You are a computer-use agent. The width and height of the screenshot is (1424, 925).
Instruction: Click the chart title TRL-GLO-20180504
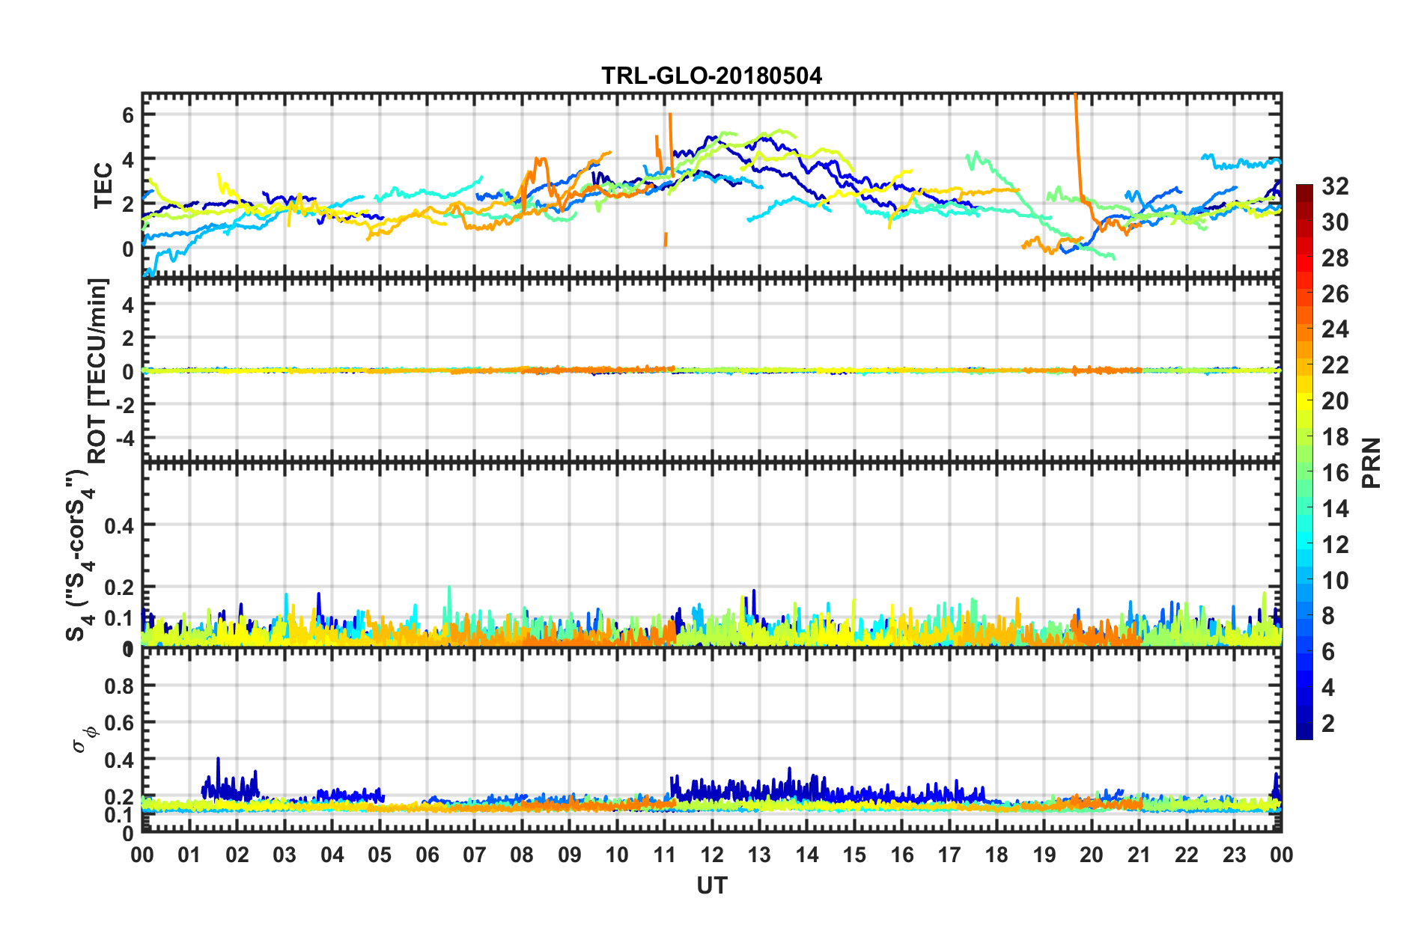(711, 76)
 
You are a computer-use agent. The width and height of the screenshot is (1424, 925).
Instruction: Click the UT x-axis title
(711, 886)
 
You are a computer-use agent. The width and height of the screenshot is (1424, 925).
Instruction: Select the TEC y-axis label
(103, 186)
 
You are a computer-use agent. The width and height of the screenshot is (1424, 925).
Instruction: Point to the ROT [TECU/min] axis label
(98, 371)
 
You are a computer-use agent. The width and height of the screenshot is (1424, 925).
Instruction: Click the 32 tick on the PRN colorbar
(1335, 186)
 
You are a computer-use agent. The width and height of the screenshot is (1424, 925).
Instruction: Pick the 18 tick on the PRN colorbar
(1335, 437)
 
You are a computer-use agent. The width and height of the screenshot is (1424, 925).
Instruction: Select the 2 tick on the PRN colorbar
(1328, 724)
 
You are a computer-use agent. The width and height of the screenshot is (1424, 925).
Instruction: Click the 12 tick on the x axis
(712, 855)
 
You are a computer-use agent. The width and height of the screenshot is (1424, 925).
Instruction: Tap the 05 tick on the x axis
(380, 855)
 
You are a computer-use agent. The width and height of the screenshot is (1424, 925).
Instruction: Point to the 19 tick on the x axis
(1044, 855)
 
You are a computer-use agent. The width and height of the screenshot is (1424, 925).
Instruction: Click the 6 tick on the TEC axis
(128, 115)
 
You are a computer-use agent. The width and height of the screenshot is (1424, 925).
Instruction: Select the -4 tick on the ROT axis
(124, 437)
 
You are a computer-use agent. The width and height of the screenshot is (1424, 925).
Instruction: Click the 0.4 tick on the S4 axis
(119, 526)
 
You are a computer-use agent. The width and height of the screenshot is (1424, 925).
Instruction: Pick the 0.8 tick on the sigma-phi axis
(119, 686)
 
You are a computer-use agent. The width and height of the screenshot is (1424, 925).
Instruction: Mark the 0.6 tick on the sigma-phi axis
(119, 723)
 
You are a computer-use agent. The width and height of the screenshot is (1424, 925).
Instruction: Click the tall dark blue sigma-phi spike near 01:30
(218, 760)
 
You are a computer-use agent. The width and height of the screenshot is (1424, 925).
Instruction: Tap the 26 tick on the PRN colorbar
(1335, 294)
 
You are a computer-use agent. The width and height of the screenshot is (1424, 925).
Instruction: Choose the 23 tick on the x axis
(1234, 855)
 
